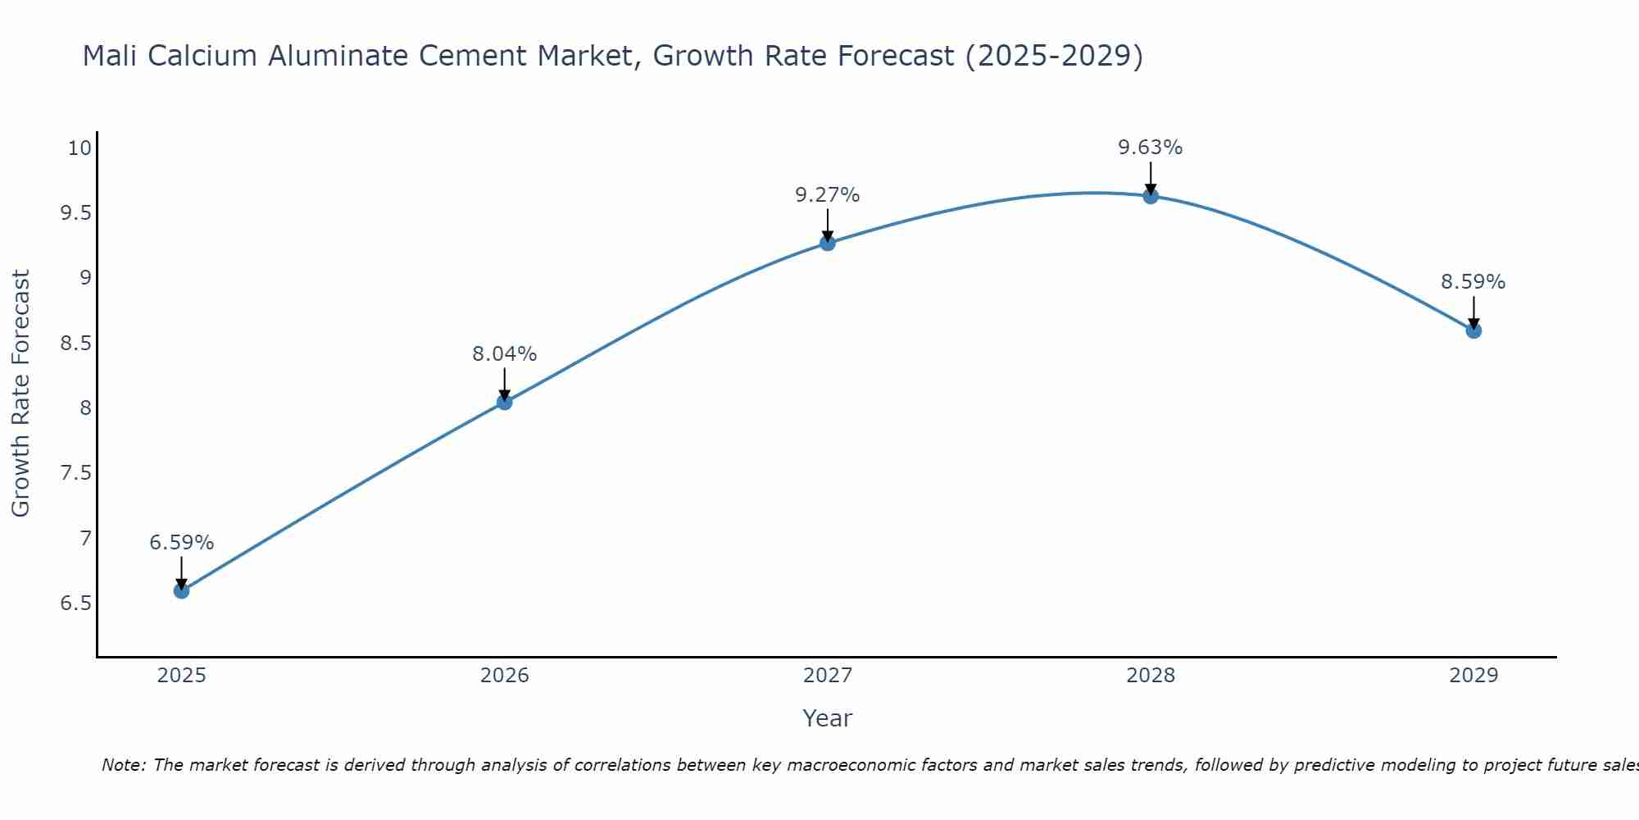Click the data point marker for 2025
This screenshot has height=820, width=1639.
coord(181,590)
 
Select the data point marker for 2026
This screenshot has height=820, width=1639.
coord(504,402)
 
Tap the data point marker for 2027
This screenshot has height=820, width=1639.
coord(827,243)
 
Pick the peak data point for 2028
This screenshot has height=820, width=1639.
coord(1150,196)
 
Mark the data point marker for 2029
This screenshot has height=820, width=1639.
coord(1473,330)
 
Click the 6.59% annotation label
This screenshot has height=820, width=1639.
coord(181,543)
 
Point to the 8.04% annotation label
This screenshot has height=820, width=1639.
coord(504,354)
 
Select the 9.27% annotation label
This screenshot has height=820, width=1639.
coord(827,195)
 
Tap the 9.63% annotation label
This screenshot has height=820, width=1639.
coord(1150,148)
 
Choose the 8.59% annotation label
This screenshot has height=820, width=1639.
coord(1473,282)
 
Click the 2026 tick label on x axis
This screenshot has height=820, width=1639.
coord(504,676)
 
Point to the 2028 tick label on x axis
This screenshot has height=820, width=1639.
coord(1150,676)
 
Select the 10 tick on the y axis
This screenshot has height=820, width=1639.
coord(79,148)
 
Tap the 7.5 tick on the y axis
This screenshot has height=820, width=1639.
coord(75,473)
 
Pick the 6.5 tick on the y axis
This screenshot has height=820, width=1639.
coord(75,604)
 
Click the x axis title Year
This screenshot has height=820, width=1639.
coord(827,718)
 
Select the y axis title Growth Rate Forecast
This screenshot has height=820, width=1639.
coord(20,394)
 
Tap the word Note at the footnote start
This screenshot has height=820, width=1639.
coord(122,765)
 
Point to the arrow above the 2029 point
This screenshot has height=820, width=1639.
coord(1473,312)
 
